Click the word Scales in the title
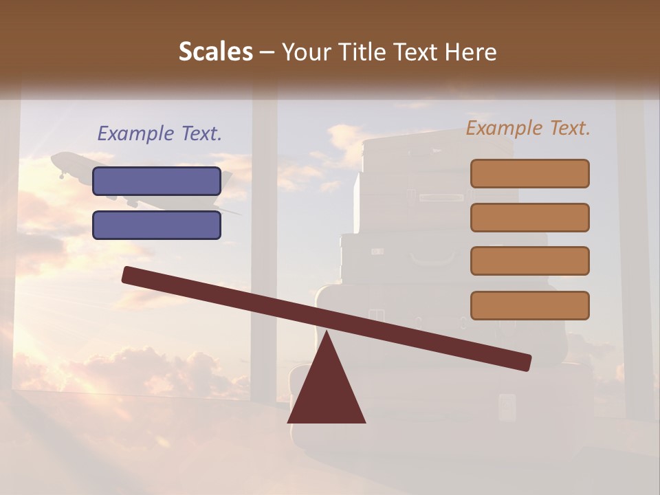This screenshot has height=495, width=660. click(x=215, y=52)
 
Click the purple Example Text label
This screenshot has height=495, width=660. click(x=159, y=133)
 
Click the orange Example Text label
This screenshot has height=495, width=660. click(x=528, y=128)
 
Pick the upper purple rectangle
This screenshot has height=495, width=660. click(x=157, y=181)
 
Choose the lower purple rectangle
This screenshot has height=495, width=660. click(x=157, y=225)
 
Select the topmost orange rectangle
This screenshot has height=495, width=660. click(x=529, y=173)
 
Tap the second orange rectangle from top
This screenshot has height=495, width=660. click(x=529, y=217)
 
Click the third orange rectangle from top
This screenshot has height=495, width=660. click(x=529, y=261)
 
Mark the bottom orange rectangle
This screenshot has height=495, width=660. click(x=529, y=305)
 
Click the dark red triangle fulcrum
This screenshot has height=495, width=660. click(x=327, y=392)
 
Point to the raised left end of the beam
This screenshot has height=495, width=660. click(x=128, y=274)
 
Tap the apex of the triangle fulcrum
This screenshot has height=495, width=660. click(x=327, y=333)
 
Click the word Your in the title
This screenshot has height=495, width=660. click(x=305, y=52)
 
